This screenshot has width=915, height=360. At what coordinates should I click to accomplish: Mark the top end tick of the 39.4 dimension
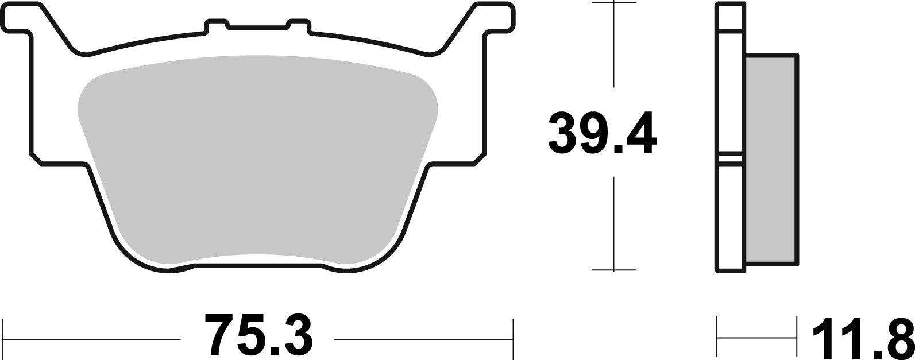tap(615, 3)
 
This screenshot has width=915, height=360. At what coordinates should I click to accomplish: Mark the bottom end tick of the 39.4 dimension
tap(615, 269)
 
